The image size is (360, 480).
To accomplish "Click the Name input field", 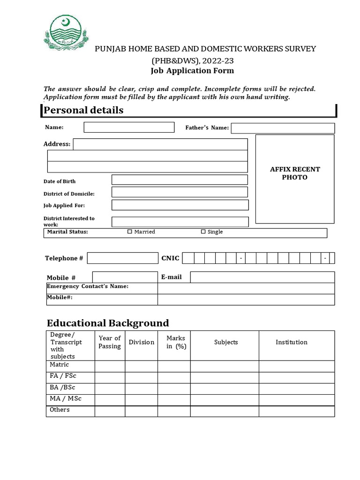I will tap(129, 127).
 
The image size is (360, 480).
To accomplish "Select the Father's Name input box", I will tap(283, 128).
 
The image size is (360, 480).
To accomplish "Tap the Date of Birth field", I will tap(180, 180).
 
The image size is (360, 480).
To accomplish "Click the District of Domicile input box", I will tap(180, 192).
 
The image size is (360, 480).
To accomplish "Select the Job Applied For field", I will tap(180, 205).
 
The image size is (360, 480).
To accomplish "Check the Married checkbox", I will tap(130, 232).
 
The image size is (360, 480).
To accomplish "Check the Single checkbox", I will tap(203, 232).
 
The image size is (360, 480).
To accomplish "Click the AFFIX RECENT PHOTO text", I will tap(295, 173).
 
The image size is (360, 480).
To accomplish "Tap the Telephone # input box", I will tap(123, 258).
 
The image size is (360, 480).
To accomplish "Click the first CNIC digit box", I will tap(188, 258).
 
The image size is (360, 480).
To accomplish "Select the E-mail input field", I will tap(262, 277).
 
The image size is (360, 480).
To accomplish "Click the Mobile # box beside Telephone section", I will tap(125, 277).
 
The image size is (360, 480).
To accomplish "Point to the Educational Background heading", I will tap(108, 323).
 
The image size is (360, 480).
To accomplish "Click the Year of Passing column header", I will tap(110, 342).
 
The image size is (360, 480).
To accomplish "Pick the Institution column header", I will tap(292, 342).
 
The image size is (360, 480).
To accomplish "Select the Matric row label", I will tap(60, 365).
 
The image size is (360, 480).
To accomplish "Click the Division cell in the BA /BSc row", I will tap(141, 389).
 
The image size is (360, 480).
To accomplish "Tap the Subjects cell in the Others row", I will tap(225, 411).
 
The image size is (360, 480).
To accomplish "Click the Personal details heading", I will tap(83, 110).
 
